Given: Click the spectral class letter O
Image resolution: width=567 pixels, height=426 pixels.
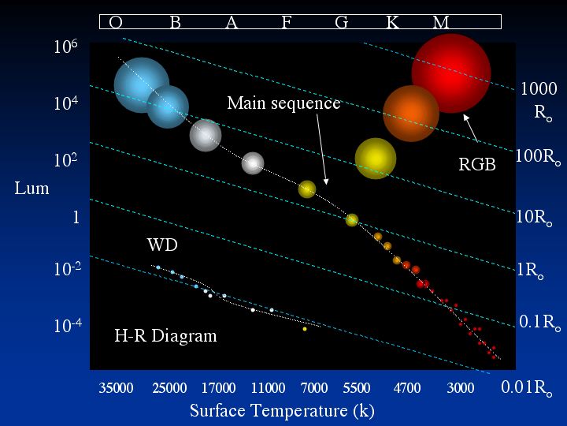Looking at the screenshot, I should coord(116,23).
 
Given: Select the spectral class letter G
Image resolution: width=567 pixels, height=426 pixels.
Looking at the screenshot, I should coord(341,23).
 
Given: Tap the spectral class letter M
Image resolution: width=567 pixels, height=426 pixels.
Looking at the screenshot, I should coord(441,23).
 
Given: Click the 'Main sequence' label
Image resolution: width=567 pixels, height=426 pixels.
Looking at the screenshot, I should coord(283,103).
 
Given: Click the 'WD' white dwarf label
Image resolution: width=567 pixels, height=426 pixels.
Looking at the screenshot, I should coord(162,245).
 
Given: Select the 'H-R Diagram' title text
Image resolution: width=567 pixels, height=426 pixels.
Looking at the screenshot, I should coord(165,336).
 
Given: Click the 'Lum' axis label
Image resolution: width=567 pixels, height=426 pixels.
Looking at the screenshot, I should coord(31,189).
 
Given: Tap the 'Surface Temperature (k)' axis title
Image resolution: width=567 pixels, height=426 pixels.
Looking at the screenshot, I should coord(282,410).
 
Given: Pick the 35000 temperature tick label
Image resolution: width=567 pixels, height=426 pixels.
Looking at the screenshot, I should coord(116,388).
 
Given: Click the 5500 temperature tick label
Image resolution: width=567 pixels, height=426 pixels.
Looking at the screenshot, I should coord(357,388).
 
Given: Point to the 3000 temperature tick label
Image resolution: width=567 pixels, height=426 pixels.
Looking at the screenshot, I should coord(461,388).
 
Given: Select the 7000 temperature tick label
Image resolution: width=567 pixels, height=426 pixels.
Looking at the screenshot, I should coord(314,388).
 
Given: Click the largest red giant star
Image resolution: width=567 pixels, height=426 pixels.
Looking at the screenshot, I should coord(451,73).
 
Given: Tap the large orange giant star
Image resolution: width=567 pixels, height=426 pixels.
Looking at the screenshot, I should coord(411,114).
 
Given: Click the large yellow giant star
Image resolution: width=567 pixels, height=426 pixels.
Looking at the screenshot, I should coord(375,159).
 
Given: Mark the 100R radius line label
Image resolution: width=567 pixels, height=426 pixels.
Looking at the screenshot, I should coord(538,156).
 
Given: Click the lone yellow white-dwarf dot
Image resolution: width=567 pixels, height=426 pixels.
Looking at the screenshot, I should coord(305,329).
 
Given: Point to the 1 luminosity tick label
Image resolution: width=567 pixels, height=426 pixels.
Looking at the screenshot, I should coord(76,218).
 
